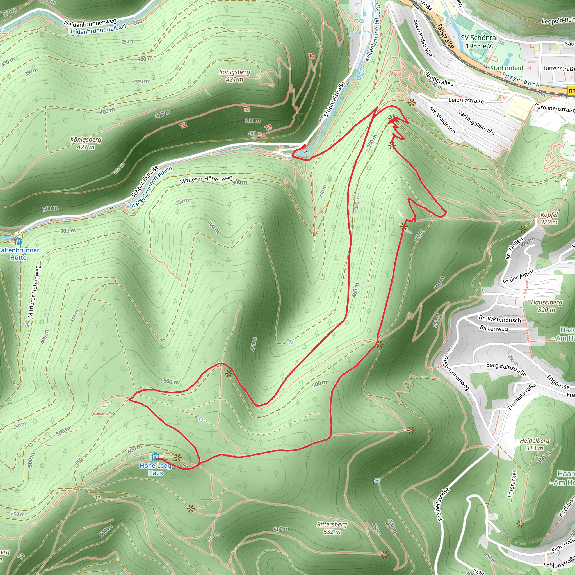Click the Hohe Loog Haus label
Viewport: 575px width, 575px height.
155,469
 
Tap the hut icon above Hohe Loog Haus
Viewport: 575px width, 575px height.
155,457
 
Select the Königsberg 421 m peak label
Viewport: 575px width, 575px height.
235,76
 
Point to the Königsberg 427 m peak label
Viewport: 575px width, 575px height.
86,143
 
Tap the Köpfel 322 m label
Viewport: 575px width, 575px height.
549,218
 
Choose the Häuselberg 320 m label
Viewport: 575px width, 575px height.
547,306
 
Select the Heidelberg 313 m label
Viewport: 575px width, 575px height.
535,444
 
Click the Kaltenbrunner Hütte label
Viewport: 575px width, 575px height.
19,254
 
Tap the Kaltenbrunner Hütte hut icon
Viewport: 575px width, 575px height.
19,241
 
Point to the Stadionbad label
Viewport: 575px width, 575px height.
506,68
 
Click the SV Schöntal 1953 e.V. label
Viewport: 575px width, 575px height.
479,42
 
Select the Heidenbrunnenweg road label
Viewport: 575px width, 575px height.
90,23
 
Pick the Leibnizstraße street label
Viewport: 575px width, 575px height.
466,100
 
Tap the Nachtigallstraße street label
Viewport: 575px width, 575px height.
476,122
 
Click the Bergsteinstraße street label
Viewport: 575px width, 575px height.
506,369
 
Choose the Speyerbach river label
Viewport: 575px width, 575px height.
521,79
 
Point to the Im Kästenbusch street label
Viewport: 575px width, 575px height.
500,319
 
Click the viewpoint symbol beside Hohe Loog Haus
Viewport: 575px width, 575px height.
178,457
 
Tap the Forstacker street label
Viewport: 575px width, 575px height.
512,484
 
